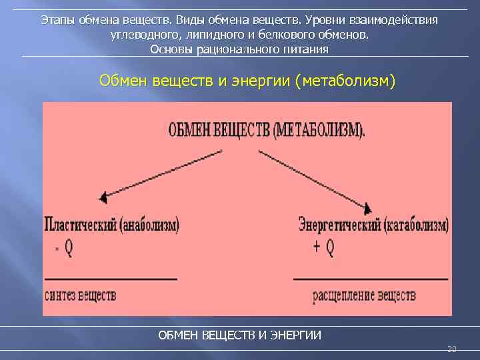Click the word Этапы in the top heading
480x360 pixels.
tap(57, 20)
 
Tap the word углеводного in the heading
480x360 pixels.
tap(141, 35)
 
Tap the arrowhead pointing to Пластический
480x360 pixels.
tap(103, 197)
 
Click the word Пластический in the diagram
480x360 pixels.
tap(80, 225)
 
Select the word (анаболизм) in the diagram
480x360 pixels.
tap(151, 225)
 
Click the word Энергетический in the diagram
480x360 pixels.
tap(339, 225)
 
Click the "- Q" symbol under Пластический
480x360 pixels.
tap(64, 248)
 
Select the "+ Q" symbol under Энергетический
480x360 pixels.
tap(323, 248)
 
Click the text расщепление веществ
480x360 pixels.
tap(365, 295)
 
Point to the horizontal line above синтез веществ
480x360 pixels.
tap(110, 278)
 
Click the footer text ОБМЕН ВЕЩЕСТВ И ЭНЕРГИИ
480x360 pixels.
tap(239, 335)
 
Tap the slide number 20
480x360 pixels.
tap(451, 349)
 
